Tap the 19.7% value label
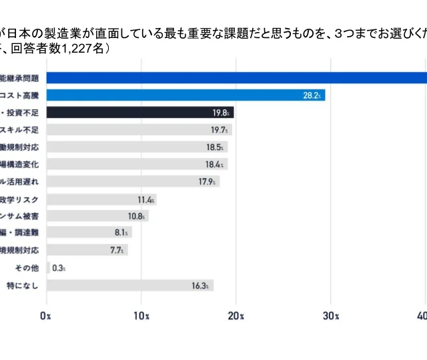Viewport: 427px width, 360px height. pyautogui.click(x=221, y=130)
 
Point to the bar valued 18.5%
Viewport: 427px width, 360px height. pyautogui.click(x=133, y=147)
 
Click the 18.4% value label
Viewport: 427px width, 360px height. pyautogui.click(x=216, y=164)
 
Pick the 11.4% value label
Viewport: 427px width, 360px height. pyautogui.click(x=146, y=199)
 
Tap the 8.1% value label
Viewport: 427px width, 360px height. pyautogui.click(x=121, y=233)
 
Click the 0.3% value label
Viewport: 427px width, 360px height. pyautogui.click(x=58, y=268)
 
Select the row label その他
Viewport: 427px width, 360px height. pyautogui.click(x=27, y=268)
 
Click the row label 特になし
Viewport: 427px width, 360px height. pyautogui.click(x=23, y=285)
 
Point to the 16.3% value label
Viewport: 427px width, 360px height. pyautogui.click(x=202, y=285)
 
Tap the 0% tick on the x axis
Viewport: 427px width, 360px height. pyautogui.click(x=46, y=315)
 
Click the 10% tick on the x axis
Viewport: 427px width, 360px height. pyautogui.click(x=141, y=315)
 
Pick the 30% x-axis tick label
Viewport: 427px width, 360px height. pyautogui.click(x=332, y=315)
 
